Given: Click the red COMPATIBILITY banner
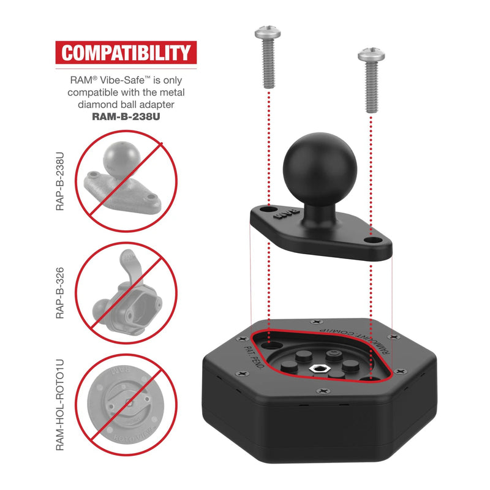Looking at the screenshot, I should coord(126,53).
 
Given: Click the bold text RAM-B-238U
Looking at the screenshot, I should coord(126,115).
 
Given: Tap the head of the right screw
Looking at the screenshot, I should coord(371,55).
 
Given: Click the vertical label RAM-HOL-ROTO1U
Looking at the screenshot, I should coord(60,405).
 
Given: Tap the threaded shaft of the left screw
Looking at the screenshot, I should coord(267,64).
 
